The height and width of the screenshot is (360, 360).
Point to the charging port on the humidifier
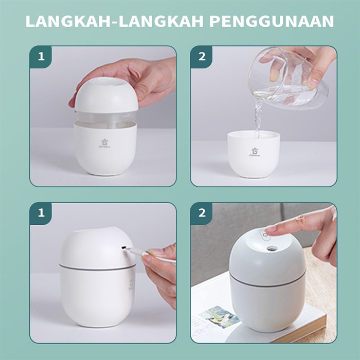[124, 247]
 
